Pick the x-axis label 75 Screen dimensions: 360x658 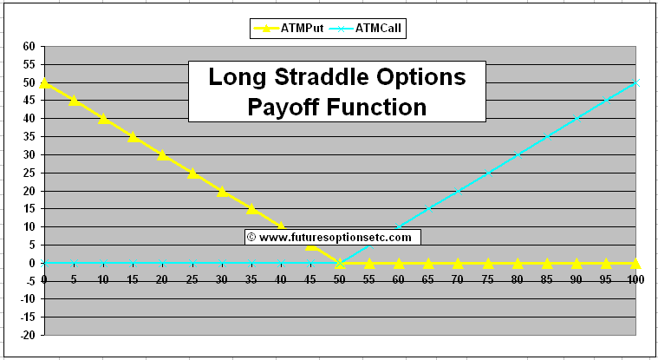click(488, 279)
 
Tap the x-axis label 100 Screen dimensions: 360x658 click(635, 279)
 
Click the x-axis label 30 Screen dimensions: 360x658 click(221, 279)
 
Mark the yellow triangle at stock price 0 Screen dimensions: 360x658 click(44, 82)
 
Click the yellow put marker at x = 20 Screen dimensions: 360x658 click(162, 154)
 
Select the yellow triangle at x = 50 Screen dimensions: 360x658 click(340, 262)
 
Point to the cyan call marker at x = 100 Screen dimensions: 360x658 click(635, 82)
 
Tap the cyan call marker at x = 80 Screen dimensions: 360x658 click(518, 154)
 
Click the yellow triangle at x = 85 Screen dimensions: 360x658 click(547, 262)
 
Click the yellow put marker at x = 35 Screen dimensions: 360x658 click(251, 208)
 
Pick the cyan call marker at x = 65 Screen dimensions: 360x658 click(429, 208)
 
